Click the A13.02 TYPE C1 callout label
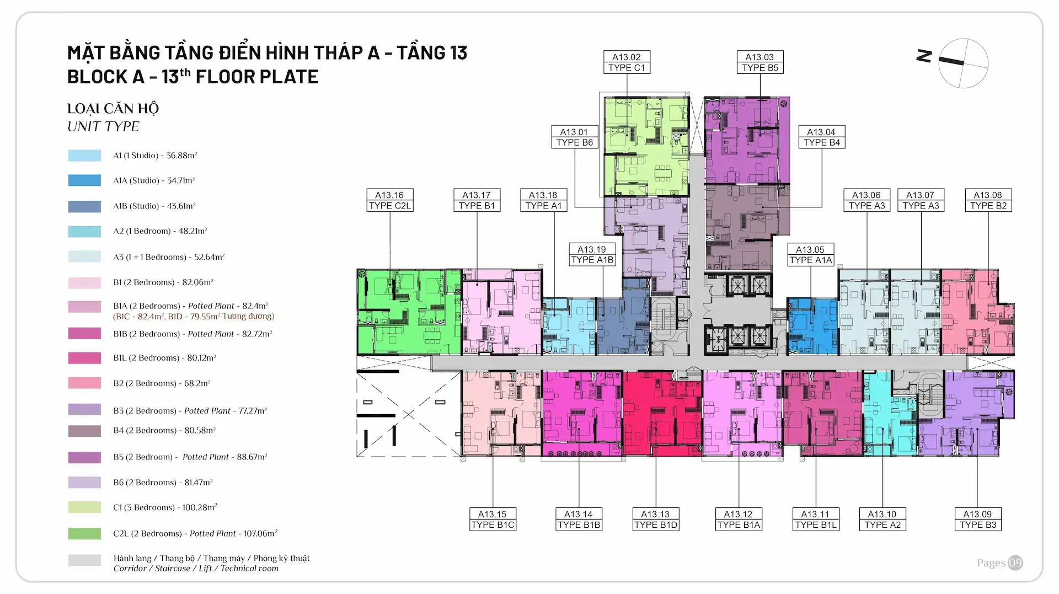point(627,62)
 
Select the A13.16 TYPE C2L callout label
point(390,200)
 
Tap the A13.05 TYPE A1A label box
point(810,255)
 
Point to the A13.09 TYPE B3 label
point(977,520)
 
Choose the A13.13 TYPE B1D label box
point(655,520)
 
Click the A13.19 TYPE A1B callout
point(592,255)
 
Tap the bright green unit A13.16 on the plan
point(408,312)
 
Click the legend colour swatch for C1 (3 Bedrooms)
point(84,507)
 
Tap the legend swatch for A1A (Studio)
point(84,180)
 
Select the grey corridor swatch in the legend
point(84,560)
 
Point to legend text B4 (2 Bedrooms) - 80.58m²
point(164,430)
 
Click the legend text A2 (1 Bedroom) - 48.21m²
point(160,231)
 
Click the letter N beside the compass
point(924,56)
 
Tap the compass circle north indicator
point(963,63)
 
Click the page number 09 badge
point(1015,563)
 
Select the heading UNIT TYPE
point(103,126)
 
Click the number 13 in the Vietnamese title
point(458,53)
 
